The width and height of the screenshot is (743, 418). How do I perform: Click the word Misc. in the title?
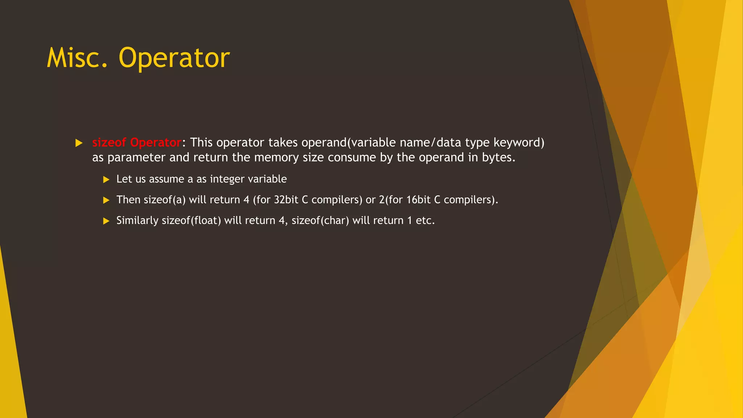(x=77, y=58)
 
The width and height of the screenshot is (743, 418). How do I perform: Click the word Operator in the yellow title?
(x=174, y=58)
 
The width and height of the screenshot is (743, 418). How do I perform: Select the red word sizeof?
(x=109, y=143)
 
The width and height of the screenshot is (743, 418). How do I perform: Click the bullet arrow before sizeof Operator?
(x=79, y=143)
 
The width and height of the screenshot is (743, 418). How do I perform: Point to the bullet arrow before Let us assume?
(x=106, y=180)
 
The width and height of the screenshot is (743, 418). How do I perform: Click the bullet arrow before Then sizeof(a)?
(x=106, y=200)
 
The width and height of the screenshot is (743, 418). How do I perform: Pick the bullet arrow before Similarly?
(x=106, y=221)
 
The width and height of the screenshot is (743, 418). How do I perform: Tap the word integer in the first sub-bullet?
(x=227, y=179)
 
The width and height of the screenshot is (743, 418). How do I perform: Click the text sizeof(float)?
(x=191, y=221)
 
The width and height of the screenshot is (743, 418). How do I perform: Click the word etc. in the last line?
(x=425, y=221)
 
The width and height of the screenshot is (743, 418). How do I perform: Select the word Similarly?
(x=137, y=221)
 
